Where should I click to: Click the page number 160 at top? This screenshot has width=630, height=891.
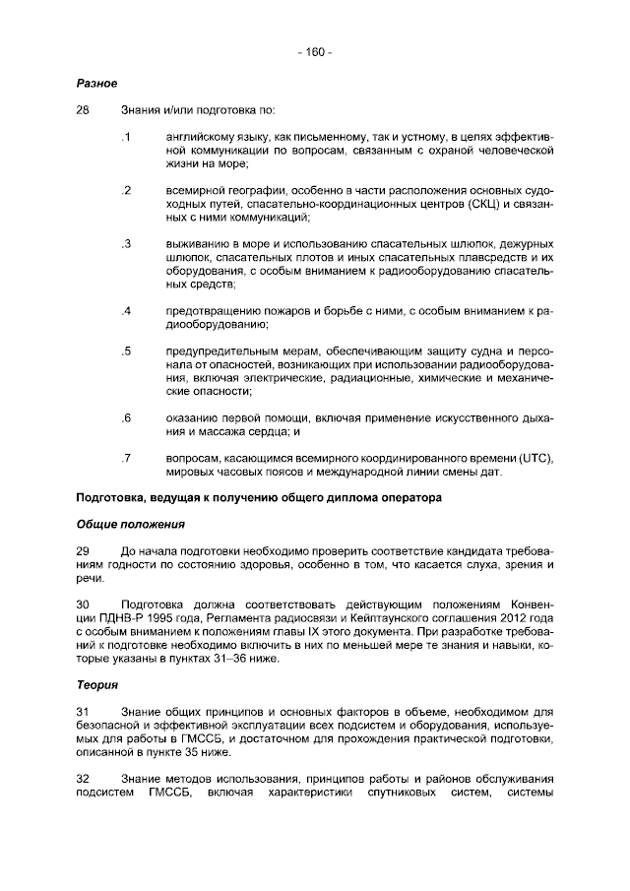[315, 51]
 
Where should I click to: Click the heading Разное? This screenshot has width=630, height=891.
[97, 83]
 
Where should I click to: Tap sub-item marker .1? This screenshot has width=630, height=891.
[126, 135]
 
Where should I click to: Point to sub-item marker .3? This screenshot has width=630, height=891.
[126, 243]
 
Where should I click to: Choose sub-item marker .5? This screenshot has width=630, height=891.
[126, 350]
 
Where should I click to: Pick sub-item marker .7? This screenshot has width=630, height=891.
[126, 458]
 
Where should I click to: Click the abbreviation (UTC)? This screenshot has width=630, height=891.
[533, 458]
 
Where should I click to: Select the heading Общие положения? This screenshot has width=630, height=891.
[130, 524]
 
